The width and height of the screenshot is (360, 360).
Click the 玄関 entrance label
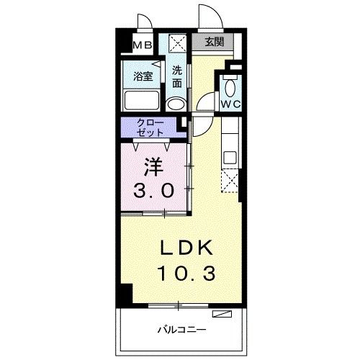pos(213,42)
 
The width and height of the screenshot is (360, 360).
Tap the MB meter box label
pos(142,45)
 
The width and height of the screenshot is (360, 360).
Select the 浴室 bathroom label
pos(142,75)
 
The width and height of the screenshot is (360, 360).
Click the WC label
pos(230,104)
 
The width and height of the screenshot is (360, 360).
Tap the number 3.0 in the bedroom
pos(153,191)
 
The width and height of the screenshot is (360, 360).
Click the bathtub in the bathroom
pos(143,100)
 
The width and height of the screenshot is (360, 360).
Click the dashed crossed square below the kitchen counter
pos(230,182)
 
